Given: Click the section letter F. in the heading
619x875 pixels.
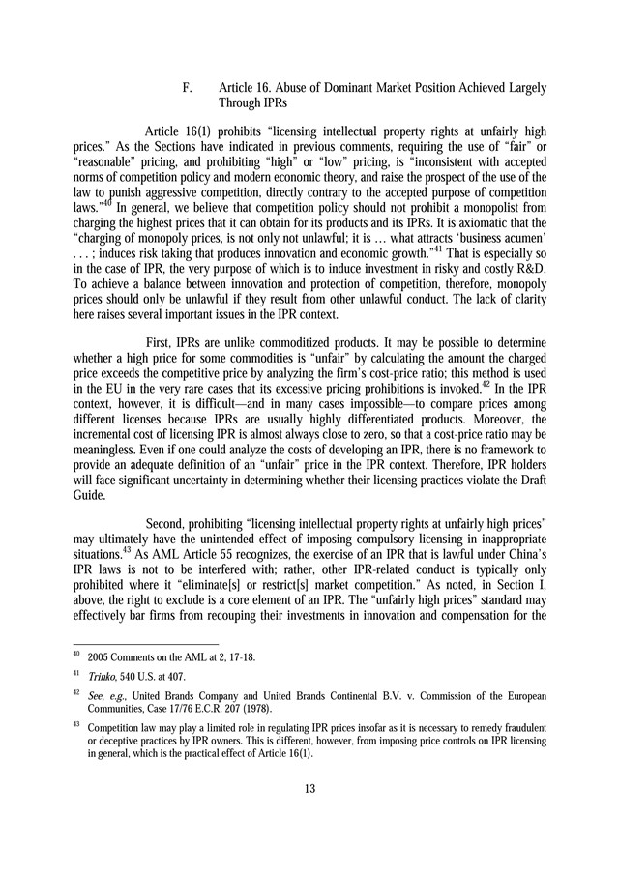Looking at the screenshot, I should point(188,88).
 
